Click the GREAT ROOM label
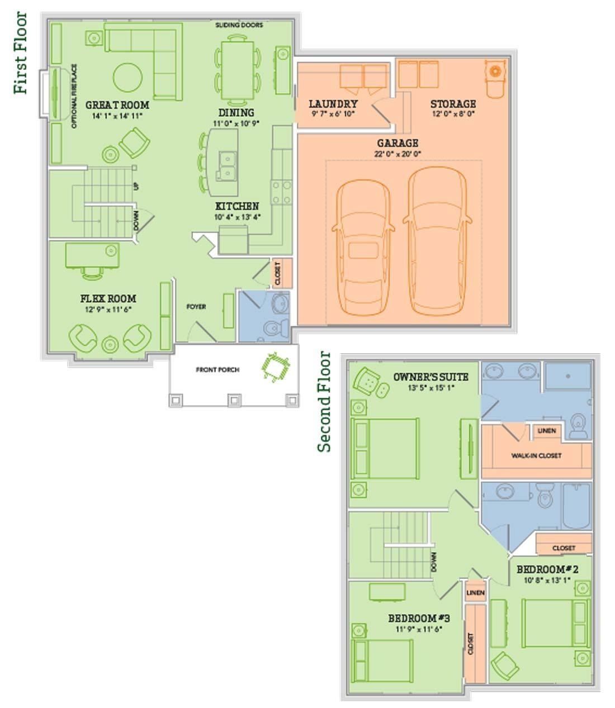(117, 105)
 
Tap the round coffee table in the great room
(127, 78)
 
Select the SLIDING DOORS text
(239, 25)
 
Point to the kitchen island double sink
(226, 166)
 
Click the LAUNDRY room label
(333, 104)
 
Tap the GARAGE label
(398, 143)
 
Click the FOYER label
(196, 307)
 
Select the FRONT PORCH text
(217, 369)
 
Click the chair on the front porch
(276, 367)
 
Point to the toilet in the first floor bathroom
(276, 327)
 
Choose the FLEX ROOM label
(108, 298)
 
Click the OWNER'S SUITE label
(430, 377)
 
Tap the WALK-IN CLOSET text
(536, 456)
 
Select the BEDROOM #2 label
(547, 569)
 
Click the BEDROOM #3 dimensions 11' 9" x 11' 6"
(419, 629)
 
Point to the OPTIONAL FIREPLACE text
(74, 96)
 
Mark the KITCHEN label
(237, 206)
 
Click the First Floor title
(20, 53)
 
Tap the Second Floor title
(324, 402)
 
